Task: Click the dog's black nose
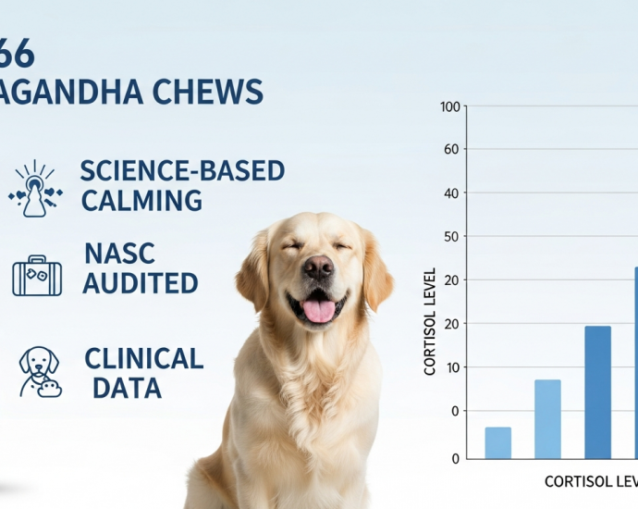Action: (317, 268)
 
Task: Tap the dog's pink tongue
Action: (318, 310)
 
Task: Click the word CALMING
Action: (141, 201)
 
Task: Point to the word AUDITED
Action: (140, 282)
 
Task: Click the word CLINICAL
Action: (143, 359)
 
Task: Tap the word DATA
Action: (127, 388)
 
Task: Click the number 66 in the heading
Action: (17, 54)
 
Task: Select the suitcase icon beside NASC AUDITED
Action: (37, 276)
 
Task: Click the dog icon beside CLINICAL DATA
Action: (40, 372)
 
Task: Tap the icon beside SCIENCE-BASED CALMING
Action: (35, 189)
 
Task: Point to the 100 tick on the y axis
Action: (450, 106)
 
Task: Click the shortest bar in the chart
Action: (497, 442)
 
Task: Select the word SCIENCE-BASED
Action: (182, 171)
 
